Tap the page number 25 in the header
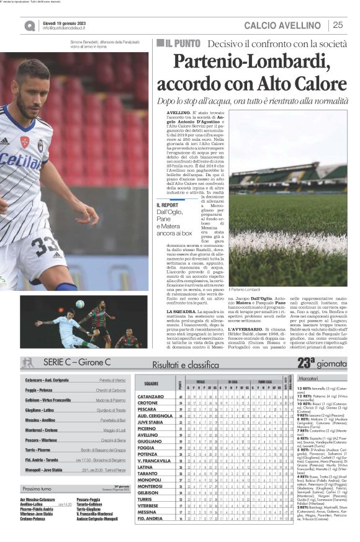[x=338, y=25]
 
